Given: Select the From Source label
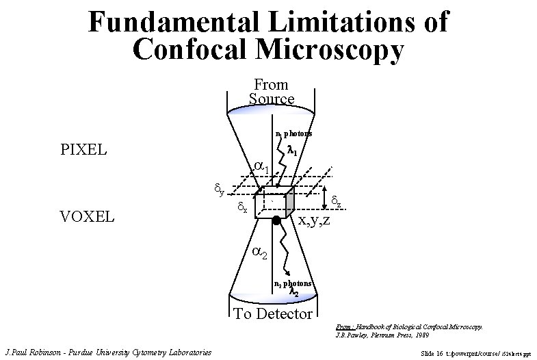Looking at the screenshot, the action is pyautogui.click(x=272, y=92).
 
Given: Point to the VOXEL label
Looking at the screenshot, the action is pyautogui.click(x=88, y=217).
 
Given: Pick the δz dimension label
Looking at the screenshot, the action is pyautogui.click(x=336, y=199).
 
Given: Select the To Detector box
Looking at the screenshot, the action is pyautogui.click(x=273, y=314).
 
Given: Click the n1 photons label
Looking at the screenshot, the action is pyautogui.click(x=293, y=133).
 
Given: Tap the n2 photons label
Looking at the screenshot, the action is pyautogui.click(x=292, y=283).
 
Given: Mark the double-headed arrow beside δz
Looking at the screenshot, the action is pyautogui.click(x=324, y=198).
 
